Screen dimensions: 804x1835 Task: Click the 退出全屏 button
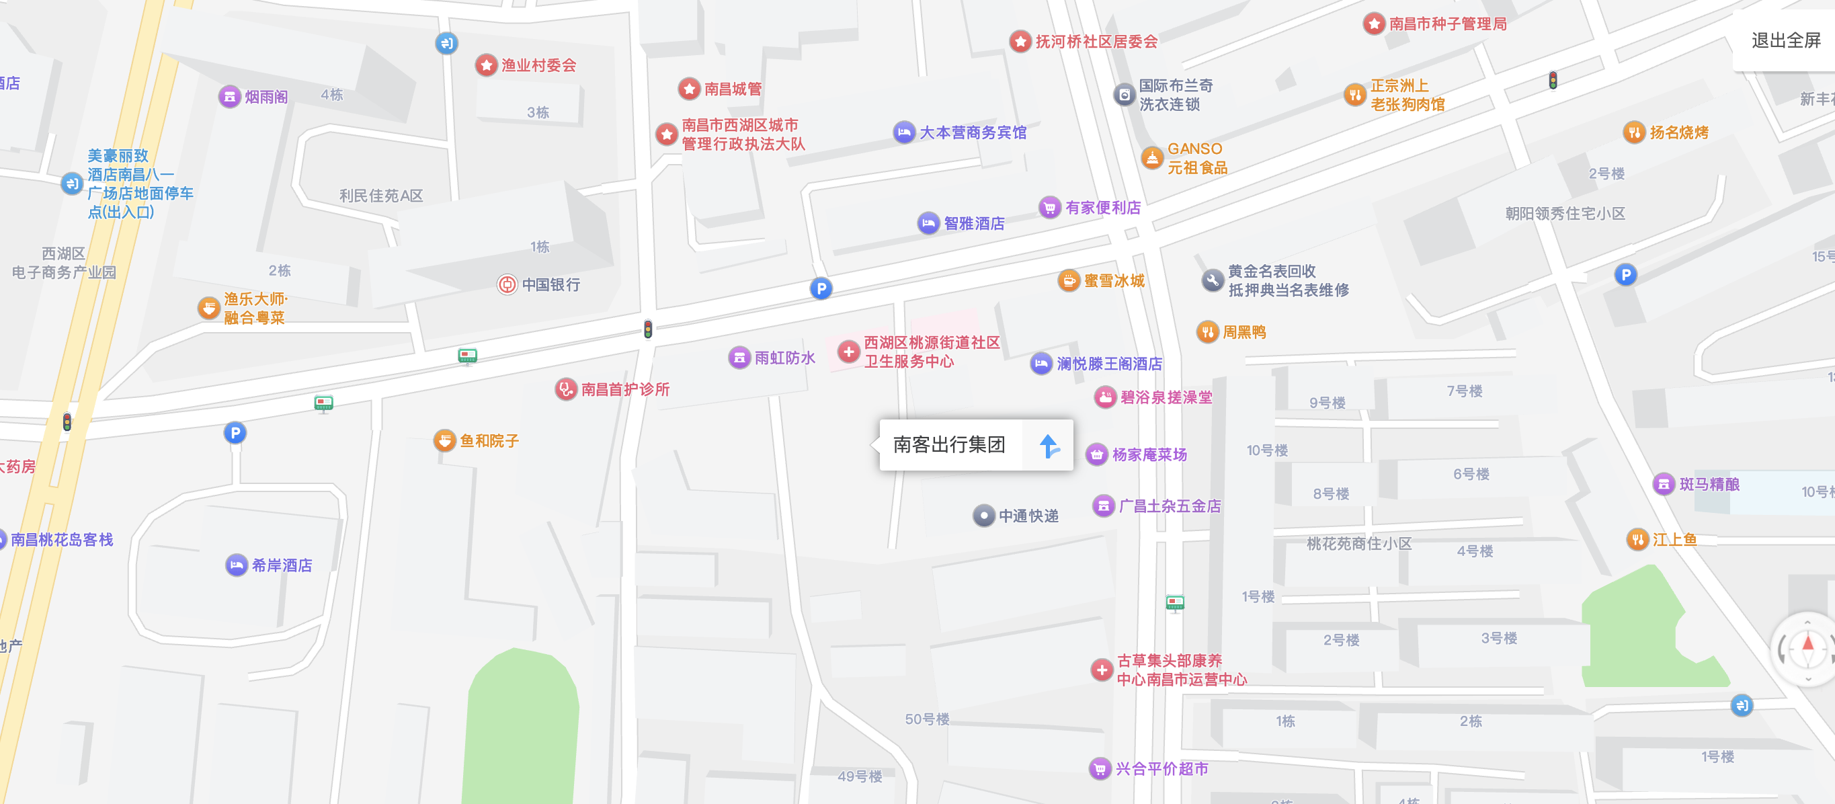click(1785, 40)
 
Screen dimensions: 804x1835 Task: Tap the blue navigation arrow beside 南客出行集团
click(1048, 446)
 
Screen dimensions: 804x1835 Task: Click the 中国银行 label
click(550, 285)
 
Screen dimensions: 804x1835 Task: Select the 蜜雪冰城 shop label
click(1114, 280)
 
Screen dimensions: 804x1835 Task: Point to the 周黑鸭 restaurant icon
click(1207, 332)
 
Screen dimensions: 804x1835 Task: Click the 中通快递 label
click(1028, 516)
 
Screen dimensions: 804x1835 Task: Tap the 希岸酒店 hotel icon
click(237, 565)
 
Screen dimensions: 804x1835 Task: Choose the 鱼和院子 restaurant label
click(489, 441)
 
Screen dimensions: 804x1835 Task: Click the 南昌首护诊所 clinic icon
click(565, 389)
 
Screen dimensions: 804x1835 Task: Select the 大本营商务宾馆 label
click(973, 132)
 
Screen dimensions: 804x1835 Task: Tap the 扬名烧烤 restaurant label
click(1679, 132)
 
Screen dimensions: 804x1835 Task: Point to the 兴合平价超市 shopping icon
click(1100, 769)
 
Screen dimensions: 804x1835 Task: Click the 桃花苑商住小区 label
click(1358, 543)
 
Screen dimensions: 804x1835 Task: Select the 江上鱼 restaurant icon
click(1637, 540)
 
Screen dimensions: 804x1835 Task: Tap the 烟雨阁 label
click(266, 97)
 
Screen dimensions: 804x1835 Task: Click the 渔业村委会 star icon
click(487, 65)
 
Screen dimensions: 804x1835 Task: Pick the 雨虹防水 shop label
click(785, 358)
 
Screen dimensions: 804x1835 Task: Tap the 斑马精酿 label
click(1709, 484)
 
